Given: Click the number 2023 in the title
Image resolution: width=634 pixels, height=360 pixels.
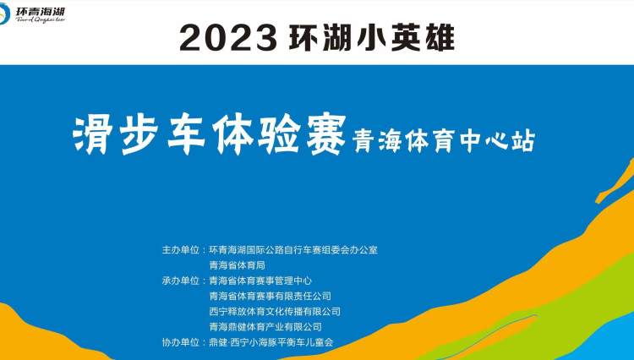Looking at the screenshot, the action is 228,38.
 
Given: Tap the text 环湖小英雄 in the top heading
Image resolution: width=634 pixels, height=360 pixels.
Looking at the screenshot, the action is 372,37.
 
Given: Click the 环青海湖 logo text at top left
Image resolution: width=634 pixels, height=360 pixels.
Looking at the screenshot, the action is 41,11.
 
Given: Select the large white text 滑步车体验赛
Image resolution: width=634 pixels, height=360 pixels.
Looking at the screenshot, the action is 209,135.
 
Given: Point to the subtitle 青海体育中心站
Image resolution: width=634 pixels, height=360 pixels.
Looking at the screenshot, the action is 444,141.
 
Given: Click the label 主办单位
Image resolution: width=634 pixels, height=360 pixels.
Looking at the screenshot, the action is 181,249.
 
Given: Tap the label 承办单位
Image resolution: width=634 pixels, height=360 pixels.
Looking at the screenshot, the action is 181,281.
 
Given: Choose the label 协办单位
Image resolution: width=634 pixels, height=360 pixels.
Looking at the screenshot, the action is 181,342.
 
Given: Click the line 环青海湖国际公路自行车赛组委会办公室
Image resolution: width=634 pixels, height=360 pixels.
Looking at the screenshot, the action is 293,249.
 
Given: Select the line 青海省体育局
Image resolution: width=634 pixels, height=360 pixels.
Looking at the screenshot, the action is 237,265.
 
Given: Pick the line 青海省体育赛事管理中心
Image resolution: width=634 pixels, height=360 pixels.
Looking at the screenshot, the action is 260,281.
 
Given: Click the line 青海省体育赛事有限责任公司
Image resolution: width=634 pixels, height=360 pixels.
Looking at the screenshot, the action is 271,296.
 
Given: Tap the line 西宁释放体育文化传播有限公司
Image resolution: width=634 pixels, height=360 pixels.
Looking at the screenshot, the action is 275,311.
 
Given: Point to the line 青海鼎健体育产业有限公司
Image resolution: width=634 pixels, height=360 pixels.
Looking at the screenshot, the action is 265,326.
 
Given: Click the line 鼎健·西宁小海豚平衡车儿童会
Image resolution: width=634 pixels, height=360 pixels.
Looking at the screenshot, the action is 271,342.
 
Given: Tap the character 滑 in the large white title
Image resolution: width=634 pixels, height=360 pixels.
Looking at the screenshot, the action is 93,135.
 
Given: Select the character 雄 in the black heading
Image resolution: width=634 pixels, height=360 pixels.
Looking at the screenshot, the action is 440,37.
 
